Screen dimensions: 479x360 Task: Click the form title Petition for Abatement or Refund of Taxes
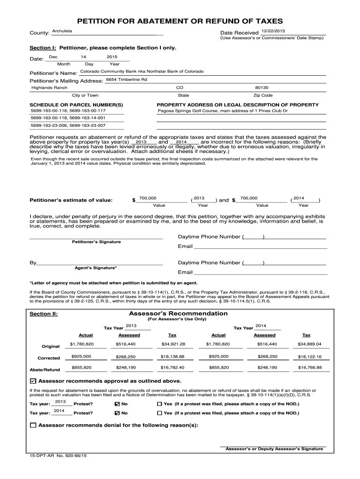pos(180,21)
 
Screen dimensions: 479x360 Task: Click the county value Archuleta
pos(62,31)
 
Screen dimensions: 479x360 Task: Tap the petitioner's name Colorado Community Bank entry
pos(142,71)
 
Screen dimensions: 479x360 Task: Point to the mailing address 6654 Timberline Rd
pos(126,80)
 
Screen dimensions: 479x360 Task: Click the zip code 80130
pos(262,87)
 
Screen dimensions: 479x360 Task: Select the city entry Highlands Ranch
pos(49,87)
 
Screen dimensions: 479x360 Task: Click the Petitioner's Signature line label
pos(96,242)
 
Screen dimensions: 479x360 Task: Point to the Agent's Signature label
pos(96,268)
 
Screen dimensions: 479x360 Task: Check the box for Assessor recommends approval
pos(33,381)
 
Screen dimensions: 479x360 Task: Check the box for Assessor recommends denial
pos(33,425)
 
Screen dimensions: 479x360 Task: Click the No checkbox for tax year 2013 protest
pos(117,404)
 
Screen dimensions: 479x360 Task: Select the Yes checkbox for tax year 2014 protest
pos(159,414)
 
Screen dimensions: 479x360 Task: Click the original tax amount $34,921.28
pos(173,344)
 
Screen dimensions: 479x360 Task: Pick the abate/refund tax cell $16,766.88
pos(310,368)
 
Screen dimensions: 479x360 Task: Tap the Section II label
pos(43,314)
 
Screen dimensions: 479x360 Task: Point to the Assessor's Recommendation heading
pos(178,313)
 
